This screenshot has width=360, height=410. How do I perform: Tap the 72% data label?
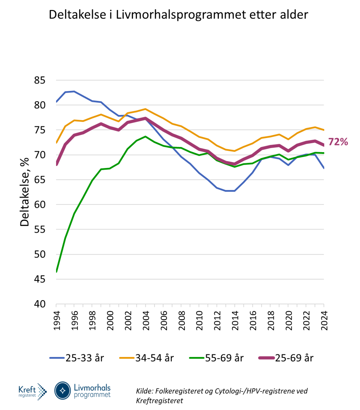(x=337, y=141)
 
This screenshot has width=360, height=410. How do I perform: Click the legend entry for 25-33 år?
(x=77, y=358)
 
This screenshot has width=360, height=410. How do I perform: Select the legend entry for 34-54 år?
(x=146, y=358)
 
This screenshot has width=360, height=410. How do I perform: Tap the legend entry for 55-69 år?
(x=216, y=358)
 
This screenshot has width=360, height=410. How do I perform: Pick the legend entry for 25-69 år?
(x=286, y=358)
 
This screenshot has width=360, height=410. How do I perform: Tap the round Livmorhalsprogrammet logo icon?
(x=63, y=390)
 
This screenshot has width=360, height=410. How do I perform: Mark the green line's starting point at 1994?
(x=56, y=272)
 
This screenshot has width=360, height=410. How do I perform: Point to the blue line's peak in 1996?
(x=74, y=91)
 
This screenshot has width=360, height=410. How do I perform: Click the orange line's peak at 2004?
(x=146, y=109)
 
